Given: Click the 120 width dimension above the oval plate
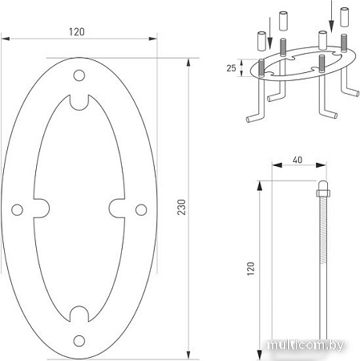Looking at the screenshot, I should pos(78,31).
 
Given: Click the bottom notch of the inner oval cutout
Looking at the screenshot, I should pos(79,312).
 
